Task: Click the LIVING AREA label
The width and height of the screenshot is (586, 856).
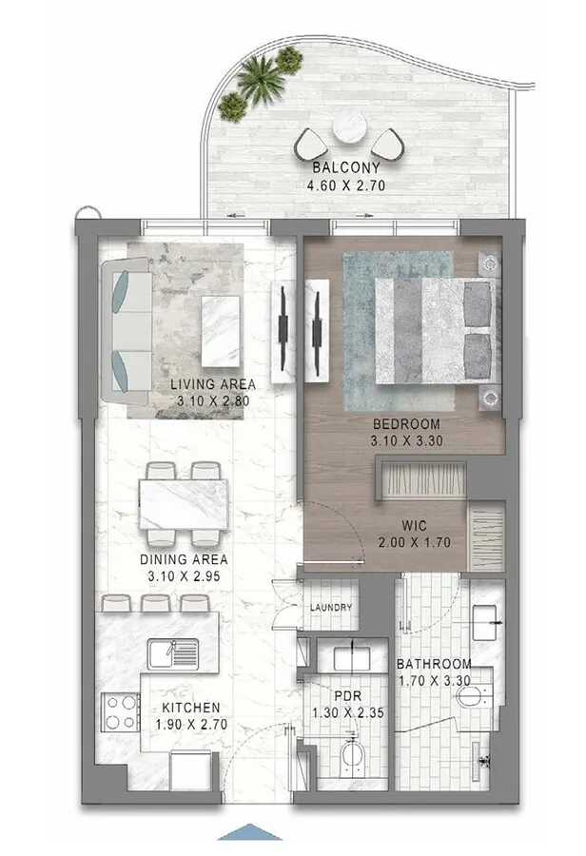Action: click(213, 384)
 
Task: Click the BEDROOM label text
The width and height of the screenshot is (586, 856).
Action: click(406, 423)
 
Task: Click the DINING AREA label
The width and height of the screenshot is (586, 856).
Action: click(181, 560)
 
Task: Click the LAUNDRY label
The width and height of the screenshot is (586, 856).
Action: click(330, 608)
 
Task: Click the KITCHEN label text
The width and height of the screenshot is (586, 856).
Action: click(191, 708)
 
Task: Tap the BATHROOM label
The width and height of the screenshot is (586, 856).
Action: click(434, 664)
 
